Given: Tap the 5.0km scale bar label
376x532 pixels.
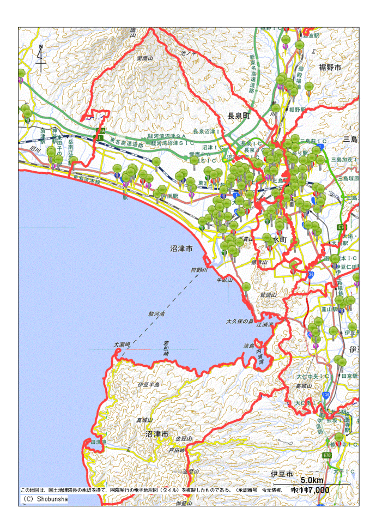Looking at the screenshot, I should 312,480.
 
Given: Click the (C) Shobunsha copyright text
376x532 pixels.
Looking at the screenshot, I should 45,498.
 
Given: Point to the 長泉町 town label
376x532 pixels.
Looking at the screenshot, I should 238,116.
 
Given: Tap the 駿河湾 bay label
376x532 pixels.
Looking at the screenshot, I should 157,315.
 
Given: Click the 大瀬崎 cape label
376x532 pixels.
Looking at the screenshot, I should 123,344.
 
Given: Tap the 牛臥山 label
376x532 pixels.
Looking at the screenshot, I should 225,280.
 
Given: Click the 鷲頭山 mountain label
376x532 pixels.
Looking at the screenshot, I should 269,294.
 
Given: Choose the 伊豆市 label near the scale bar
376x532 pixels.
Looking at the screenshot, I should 282,473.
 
